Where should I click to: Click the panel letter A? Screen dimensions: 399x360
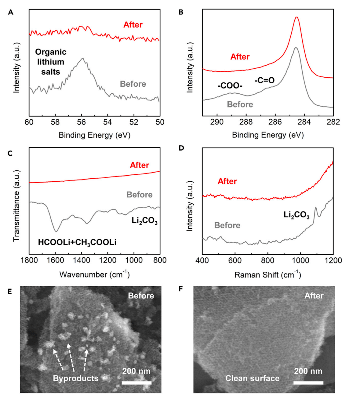point(11,12)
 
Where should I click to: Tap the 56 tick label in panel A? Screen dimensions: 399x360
point(81,122)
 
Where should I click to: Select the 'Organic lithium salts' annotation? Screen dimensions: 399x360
point(51,62)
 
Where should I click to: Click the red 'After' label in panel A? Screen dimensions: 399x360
point(133,25)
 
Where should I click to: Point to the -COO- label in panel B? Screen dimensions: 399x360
point(230,86)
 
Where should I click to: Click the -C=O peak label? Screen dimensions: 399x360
point(264,80)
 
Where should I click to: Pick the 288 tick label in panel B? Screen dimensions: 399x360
point(246,122)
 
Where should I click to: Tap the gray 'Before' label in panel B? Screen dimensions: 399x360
point(240,105)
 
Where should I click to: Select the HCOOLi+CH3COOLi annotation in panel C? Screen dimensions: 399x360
point(77,242)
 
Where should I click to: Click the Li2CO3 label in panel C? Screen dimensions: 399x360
point(145,221)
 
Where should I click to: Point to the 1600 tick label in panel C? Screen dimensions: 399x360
point(55,260)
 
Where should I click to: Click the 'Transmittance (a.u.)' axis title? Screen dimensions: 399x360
point(16,206)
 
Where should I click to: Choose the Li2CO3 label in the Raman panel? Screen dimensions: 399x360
point(296,215)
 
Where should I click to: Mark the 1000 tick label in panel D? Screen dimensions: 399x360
point(301,260)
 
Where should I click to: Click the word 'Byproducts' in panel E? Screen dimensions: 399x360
point(76,378)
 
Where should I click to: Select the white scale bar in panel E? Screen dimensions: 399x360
point(136,383)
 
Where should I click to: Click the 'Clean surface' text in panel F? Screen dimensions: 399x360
point(252,378)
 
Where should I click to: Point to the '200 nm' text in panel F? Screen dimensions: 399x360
point(308,371)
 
